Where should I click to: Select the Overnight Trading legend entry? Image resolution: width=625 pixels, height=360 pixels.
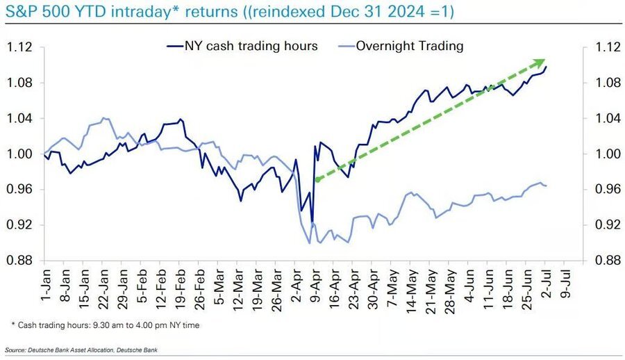coord(408,47)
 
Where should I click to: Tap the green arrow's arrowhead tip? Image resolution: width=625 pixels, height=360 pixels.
coord(544,60)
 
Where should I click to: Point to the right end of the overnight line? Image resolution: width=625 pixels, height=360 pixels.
coord(546,186)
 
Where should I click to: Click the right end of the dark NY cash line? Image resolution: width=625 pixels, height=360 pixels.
coord(546,67)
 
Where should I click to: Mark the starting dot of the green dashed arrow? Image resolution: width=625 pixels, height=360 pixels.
coord(317,179)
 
